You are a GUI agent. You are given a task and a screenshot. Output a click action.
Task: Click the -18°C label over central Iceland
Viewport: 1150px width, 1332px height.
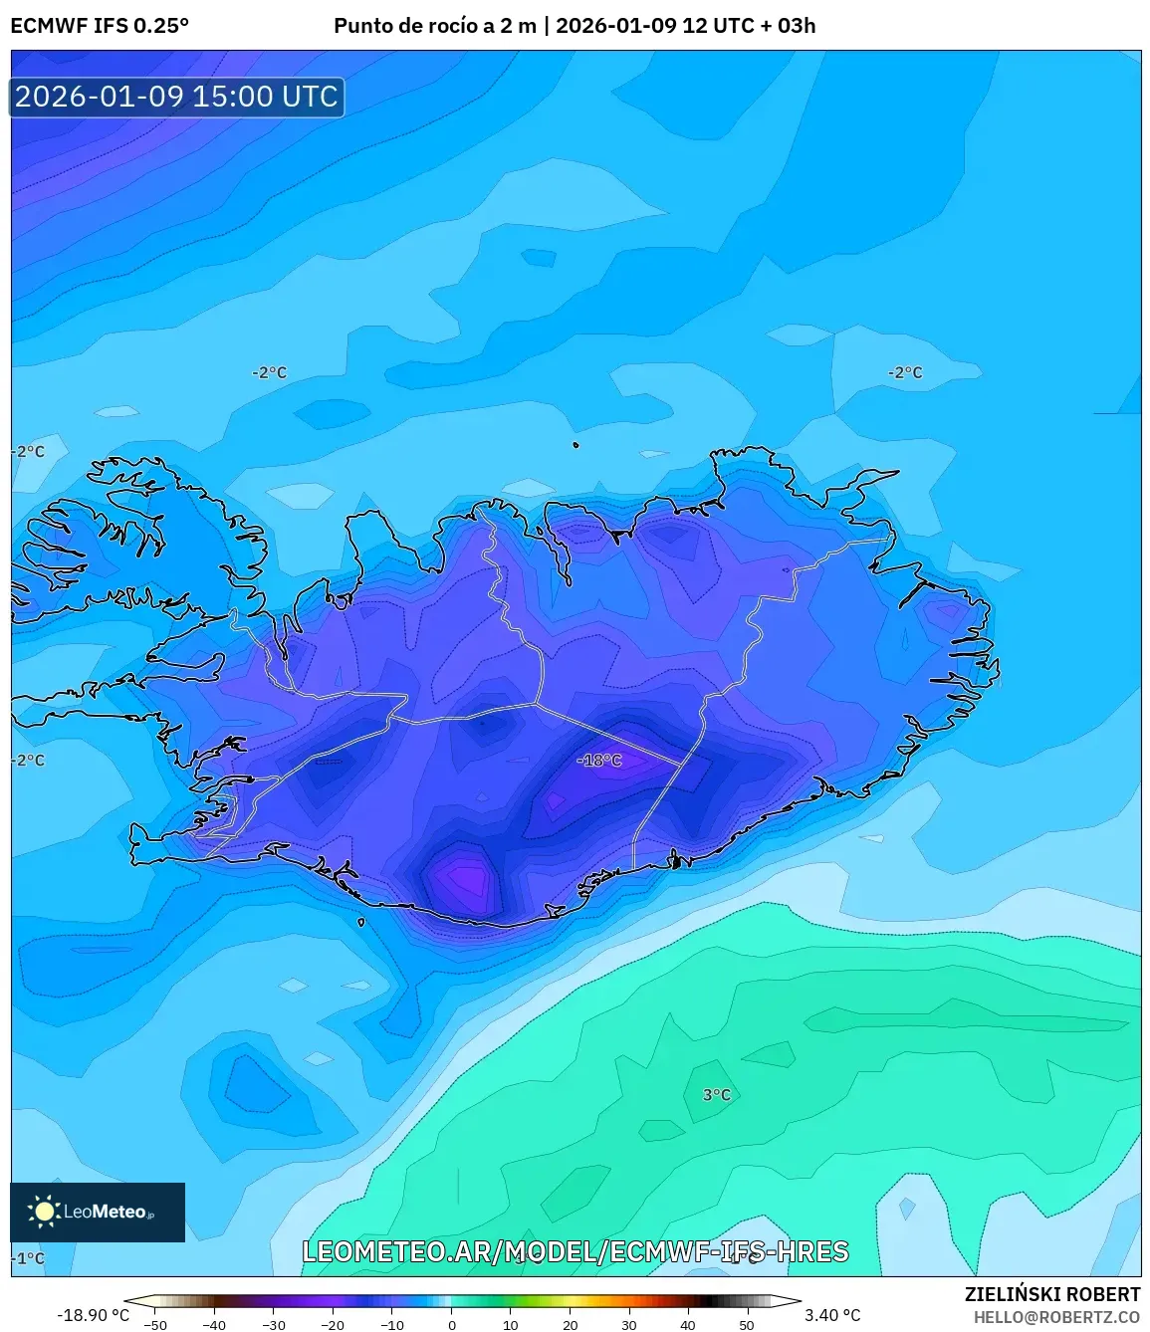point(599,760)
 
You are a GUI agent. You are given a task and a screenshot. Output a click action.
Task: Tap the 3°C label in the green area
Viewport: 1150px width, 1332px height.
point(716,1094)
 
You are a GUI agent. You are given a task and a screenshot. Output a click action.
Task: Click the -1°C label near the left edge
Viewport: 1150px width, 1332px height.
point(28,1257)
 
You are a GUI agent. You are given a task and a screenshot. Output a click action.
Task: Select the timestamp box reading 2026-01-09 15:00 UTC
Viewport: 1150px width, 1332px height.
point(176,97)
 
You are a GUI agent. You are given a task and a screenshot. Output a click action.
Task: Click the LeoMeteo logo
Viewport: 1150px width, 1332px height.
point(97,1212)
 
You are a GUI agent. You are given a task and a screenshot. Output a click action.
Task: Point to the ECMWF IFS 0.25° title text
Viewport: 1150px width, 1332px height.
point(100,26)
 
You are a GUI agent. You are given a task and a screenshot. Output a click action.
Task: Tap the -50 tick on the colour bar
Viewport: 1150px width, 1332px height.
point(155,1324)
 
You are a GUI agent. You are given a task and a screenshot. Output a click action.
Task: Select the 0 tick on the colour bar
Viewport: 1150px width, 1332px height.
point(451,1324)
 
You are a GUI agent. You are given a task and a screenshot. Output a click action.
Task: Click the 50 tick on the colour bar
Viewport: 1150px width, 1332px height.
point(747,1324)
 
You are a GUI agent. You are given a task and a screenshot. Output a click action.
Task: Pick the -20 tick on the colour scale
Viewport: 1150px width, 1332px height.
point(333,1324)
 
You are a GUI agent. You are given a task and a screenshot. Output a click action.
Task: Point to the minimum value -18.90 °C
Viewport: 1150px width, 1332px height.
point(93,1314)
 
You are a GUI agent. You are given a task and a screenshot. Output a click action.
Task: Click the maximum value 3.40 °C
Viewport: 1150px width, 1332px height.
point(832,1314)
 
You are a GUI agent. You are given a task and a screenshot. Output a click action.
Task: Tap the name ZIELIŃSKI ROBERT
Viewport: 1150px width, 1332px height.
point(1051,1294)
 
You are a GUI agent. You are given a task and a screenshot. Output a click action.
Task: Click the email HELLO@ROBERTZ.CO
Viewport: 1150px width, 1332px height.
point(1055,1316)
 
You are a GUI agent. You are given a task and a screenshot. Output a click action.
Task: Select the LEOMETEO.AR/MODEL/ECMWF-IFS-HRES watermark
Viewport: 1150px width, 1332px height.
point(575,1251)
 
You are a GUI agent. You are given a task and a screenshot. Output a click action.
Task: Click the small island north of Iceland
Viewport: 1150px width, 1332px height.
point(575,445)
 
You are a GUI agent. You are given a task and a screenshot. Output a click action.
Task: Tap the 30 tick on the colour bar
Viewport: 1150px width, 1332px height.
point(628,1324)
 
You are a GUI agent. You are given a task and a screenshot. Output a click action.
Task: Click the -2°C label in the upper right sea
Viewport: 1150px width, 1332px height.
point(904,372)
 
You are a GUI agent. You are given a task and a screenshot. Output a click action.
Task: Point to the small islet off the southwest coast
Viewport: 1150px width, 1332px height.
point(361,922)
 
